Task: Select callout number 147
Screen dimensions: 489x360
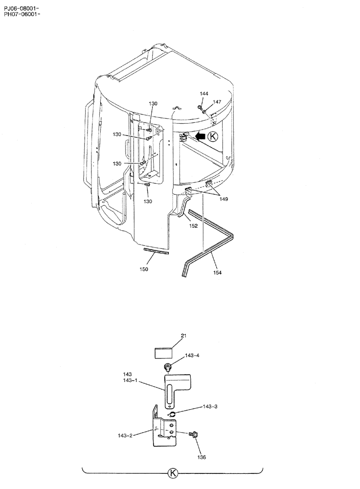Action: pyautogui.click(x=217, y=102)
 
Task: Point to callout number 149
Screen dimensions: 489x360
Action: pyautogui.click(x=224, y=199)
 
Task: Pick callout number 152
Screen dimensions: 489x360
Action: pyautogui.click(x=193, y=226)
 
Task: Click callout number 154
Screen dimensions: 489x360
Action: pyautogui.click(x=217, y=272)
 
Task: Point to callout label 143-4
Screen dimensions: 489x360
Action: pyautogui.click(x=192, y=356)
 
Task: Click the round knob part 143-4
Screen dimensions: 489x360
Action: pyautogui.click(x=168, y=368)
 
